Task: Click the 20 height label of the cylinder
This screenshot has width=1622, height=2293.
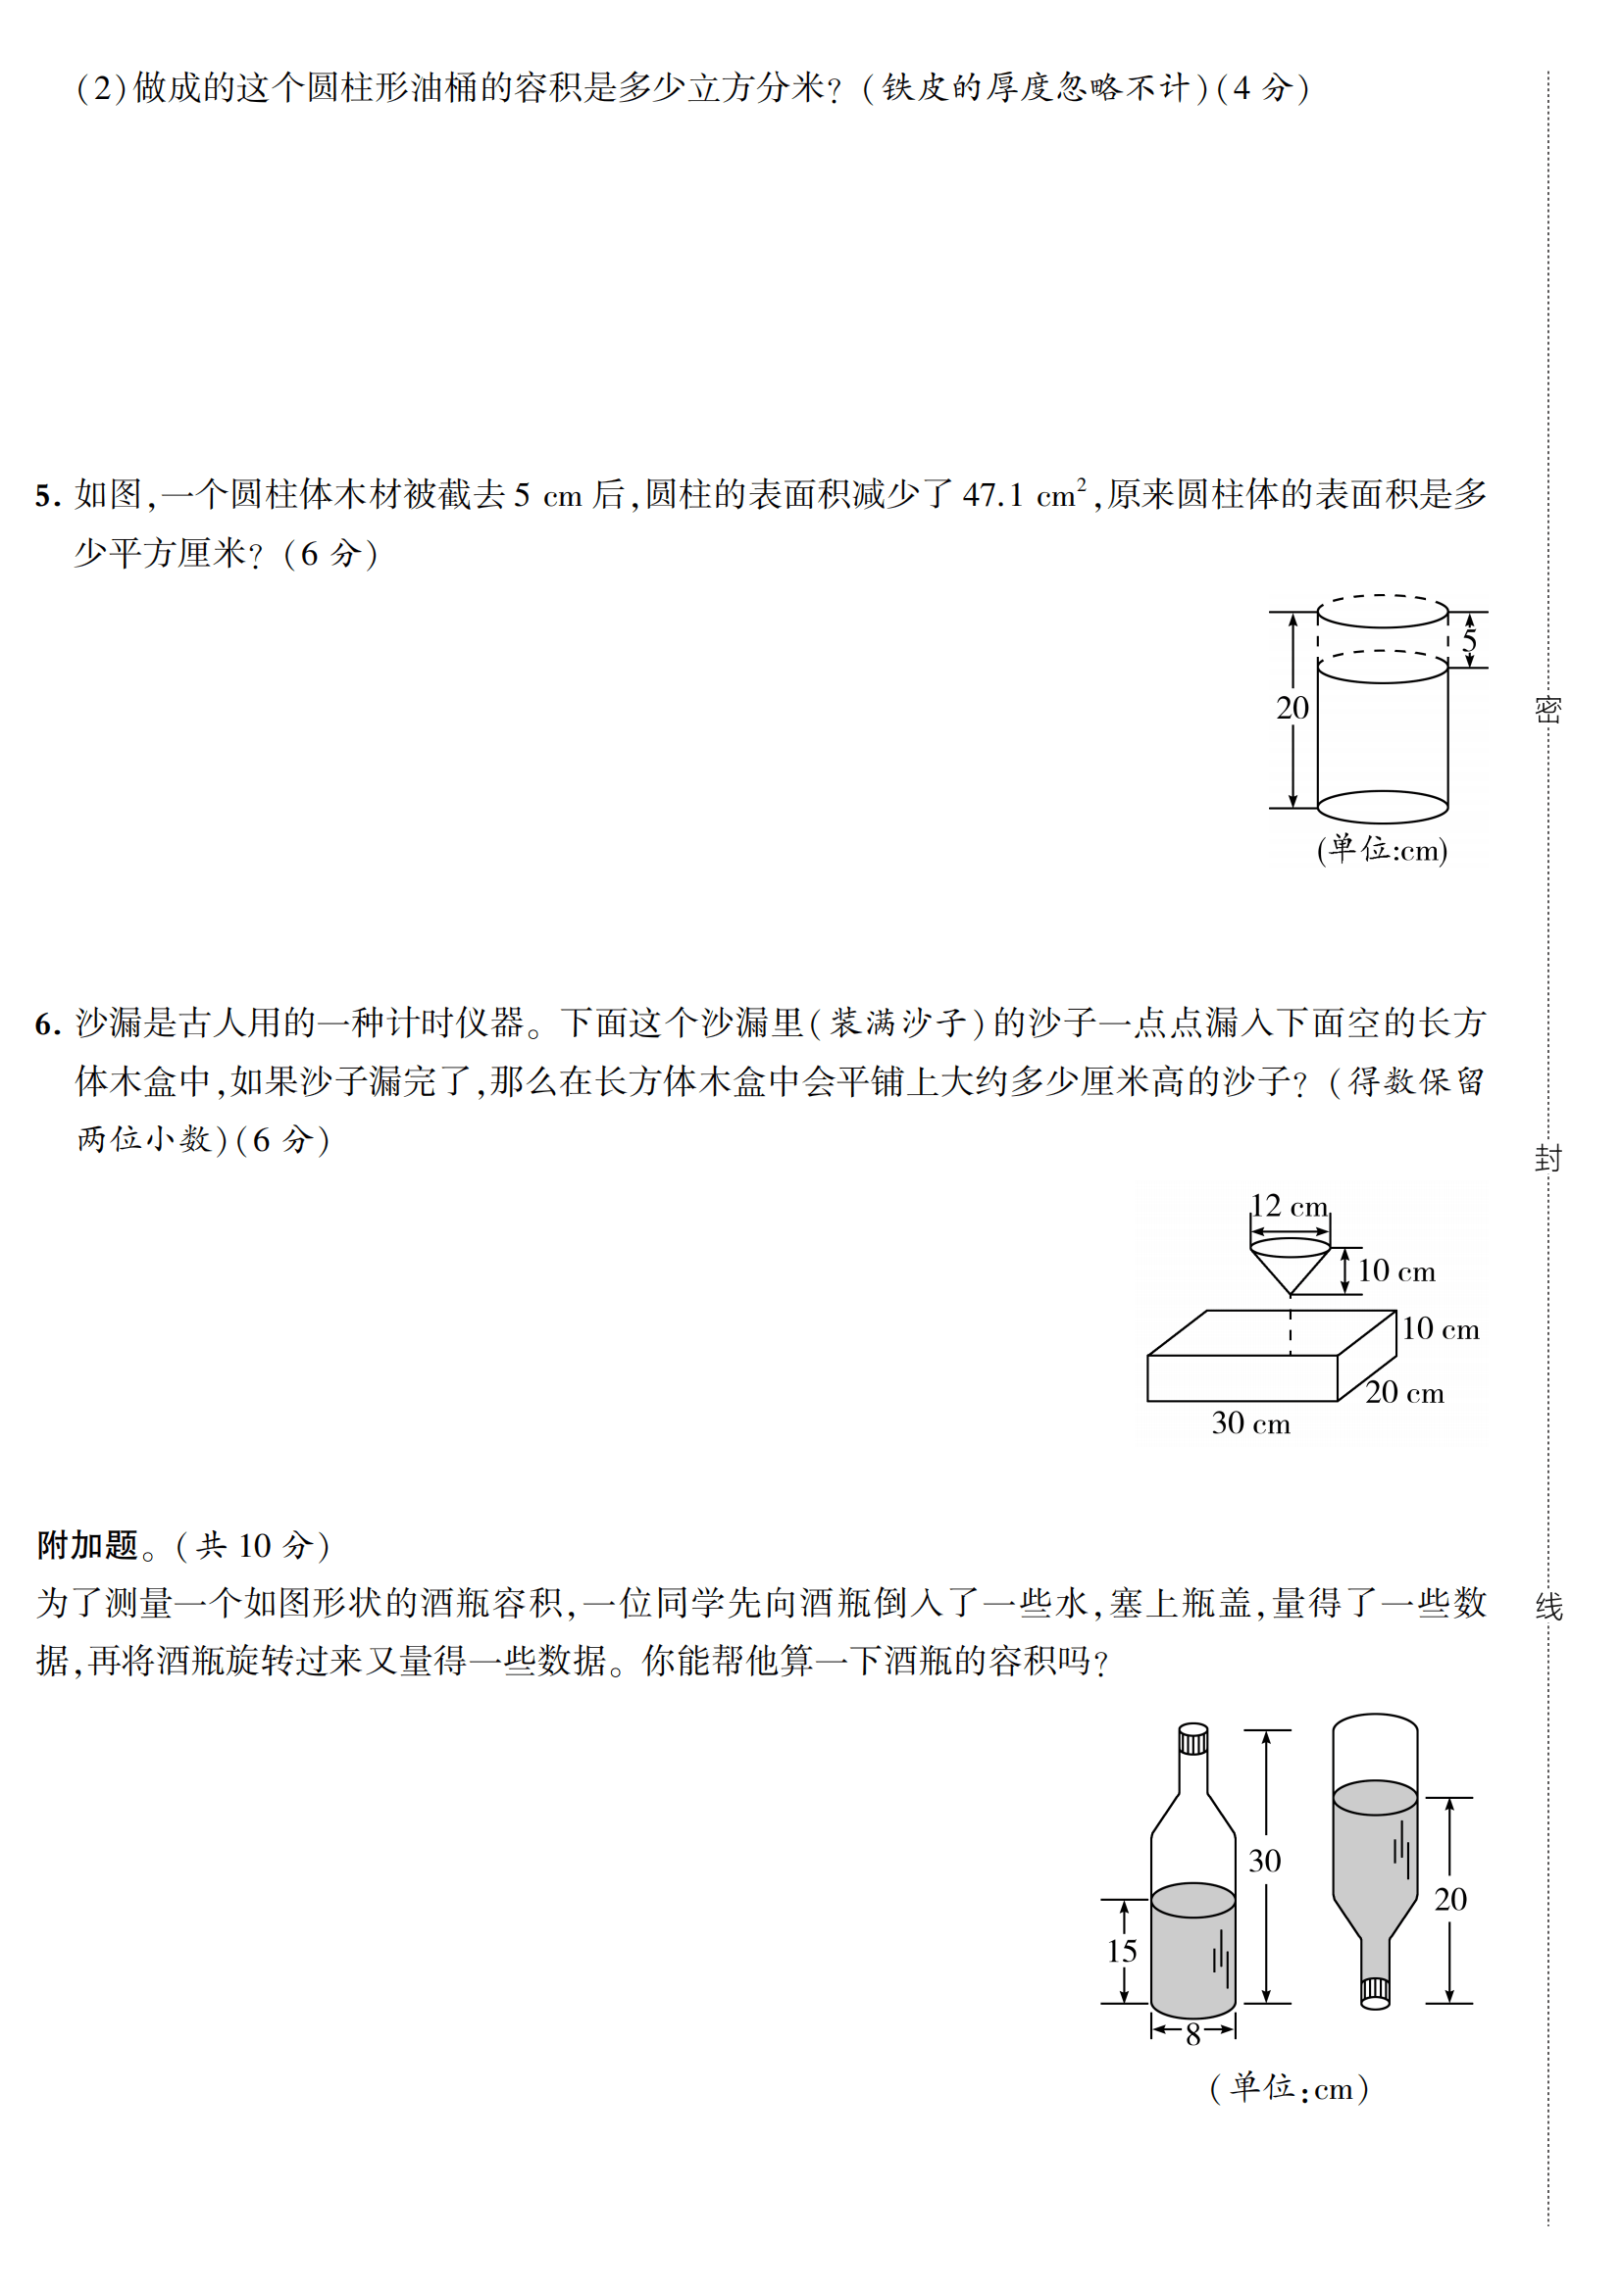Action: [x=1292, y=708]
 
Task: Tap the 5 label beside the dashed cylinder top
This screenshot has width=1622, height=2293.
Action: [x=1469, y=639]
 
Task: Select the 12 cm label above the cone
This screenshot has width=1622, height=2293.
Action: [x=1289, y=1207]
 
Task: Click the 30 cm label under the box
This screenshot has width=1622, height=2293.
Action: [x=1250, y=1423]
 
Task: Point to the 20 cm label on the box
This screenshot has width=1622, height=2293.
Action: [x=1404, y=1392]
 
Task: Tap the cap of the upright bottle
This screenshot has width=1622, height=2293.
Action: [x=1192, y=1739]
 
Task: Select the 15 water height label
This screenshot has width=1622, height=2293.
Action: [x=1122, y=1951]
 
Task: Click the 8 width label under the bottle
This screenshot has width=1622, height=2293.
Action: [x=1192, y=2034]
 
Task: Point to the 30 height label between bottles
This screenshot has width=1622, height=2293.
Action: [x=1264, y=1861]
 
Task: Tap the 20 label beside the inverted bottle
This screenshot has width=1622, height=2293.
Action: [x=1450, y=1899]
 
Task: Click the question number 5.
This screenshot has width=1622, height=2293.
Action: [x=47, y=496]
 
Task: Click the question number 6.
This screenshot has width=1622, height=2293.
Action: [x=47, y=1024]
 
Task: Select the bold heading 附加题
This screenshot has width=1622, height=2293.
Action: [x=88, y=1545]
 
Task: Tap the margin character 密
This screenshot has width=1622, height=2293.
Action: [x=1547, y=709]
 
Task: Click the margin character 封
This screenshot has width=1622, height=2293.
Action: [x=1547, y=1159]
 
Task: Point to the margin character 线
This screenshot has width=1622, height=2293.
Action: [x=1547, y=1606]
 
